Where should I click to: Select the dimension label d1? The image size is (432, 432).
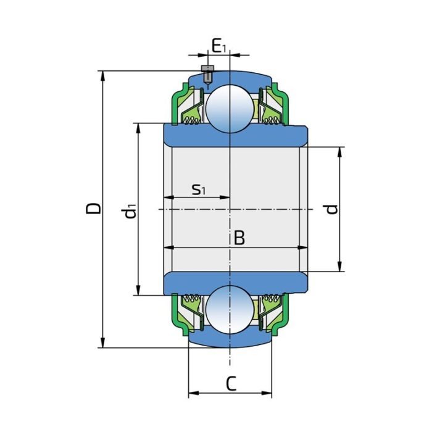click(129, 211)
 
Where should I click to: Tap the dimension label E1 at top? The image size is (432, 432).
click(218, 46)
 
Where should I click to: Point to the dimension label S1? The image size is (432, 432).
click(198, 189)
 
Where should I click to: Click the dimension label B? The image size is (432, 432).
click(239, 238)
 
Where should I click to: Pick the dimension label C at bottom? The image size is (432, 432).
click(230, 384)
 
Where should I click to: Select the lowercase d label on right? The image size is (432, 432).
click(332, 209)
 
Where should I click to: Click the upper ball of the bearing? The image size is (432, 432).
click(229, 107)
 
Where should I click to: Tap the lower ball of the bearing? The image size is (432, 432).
click(229, 310)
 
